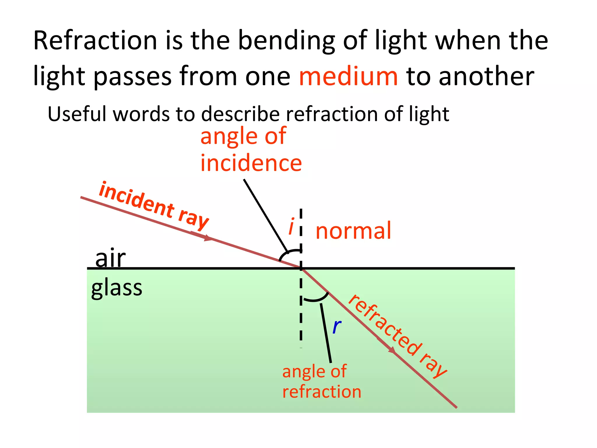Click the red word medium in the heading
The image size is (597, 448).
348,76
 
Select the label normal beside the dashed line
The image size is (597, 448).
353,230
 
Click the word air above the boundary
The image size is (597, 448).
110,258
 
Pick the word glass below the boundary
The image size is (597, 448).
117,288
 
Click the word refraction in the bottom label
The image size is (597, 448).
322,391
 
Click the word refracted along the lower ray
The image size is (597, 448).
385,325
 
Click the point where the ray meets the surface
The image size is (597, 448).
301,268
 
